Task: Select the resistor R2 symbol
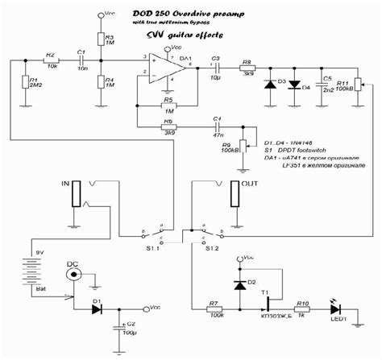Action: point(50,62)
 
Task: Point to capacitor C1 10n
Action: point(81,62)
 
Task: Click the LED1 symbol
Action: point(335,307)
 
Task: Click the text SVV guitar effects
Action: point(185,36)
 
